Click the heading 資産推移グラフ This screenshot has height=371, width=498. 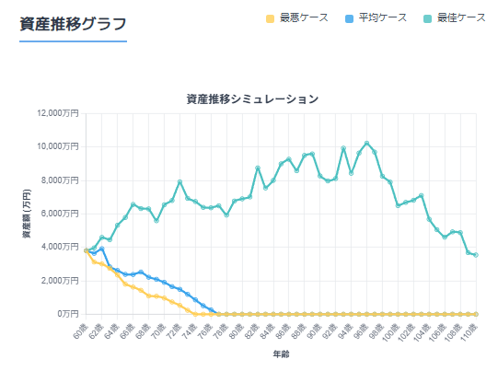point(73,24)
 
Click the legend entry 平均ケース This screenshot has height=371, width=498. point(382,18)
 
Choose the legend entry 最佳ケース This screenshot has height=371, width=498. point(461,18)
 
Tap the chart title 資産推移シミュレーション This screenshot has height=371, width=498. point(251,99)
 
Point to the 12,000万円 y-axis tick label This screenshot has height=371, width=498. point(60,112)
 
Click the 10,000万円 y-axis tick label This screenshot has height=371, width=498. point(60,146)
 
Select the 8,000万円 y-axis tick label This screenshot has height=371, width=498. point(62,180)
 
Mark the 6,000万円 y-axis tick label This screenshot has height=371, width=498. point(62,214)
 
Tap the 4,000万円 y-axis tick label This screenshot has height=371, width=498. point(62,247)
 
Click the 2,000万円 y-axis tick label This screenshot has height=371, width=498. point(62,280)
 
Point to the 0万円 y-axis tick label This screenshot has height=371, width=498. point(68,314)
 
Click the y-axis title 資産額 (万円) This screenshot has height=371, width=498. point(29,214)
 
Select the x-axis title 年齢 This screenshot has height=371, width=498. point(281,354)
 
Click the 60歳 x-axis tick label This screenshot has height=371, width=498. point(81,329)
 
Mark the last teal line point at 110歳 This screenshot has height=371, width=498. point(475,255)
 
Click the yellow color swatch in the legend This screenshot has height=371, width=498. point(270,18)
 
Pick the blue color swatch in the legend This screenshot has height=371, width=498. point(349,18)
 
